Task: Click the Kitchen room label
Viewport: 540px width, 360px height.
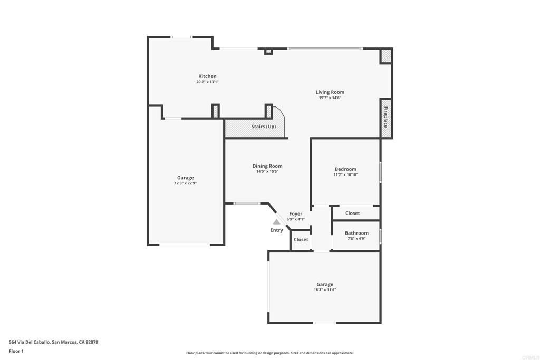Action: click(207, 76)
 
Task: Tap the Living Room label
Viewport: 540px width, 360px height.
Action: click(330, 92)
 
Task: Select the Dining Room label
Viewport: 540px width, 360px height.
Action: click(267, 166)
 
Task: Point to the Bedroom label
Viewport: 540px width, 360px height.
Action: click(345, 169)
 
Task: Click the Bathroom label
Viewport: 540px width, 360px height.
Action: click(356, 233)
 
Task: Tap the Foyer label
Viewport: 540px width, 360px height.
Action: click(295, 213)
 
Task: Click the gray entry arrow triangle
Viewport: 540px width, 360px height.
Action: click(276, 222)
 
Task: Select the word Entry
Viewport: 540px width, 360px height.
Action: click(276, 230)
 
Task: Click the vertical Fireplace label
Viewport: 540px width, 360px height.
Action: click(386, 117)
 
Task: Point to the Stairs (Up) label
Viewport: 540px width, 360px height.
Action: click(264, 127)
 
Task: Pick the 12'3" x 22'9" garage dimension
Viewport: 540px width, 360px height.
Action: click(185, 183)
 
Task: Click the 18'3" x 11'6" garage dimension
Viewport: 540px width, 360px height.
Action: click(325, 290)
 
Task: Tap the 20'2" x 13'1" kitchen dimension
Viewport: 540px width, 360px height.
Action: click(207, 82)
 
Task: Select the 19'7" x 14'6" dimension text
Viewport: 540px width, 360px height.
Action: click(330, 98)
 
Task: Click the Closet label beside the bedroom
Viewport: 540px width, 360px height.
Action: click(352, 213)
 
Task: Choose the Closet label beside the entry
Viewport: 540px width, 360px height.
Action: click(301, 239)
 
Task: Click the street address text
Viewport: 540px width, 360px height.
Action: click(53, 342)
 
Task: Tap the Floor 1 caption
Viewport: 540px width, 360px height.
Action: click(16, 351)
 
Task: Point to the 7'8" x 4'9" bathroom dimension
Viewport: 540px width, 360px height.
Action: click(356, 239)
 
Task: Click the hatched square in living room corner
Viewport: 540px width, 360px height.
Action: click(386, 56)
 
